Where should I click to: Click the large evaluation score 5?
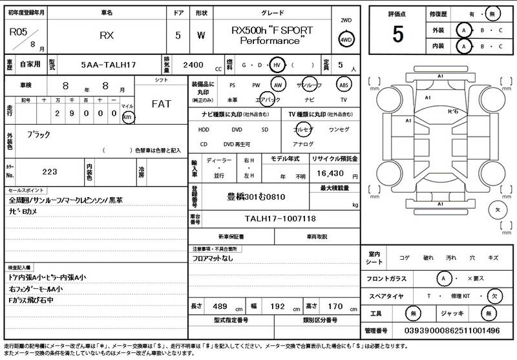(397, 34)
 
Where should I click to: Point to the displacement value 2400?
(193, 65)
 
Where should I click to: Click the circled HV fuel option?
(276, 65)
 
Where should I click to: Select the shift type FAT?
(161, 103)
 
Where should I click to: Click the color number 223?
(49, 171)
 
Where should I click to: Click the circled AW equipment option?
(278, 85)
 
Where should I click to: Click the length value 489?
(220, 306)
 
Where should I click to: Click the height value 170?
(336, 306)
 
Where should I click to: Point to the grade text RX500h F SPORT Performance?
(271, 35)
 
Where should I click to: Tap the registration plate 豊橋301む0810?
(256, 196)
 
